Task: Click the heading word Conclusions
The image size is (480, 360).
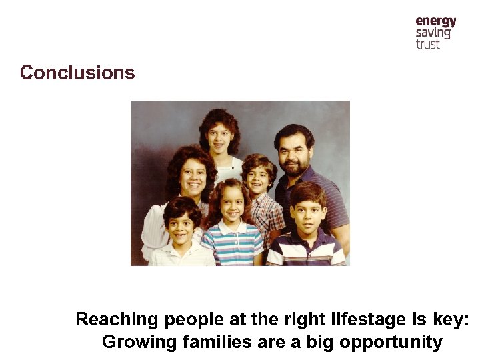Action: (77, 73)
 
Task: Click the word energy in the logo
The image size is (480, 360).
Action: (435, 21)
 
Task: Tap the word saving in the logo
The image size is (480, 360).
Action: (433, 33)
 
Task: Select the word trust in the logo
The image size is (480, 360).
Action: (428, 45)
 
